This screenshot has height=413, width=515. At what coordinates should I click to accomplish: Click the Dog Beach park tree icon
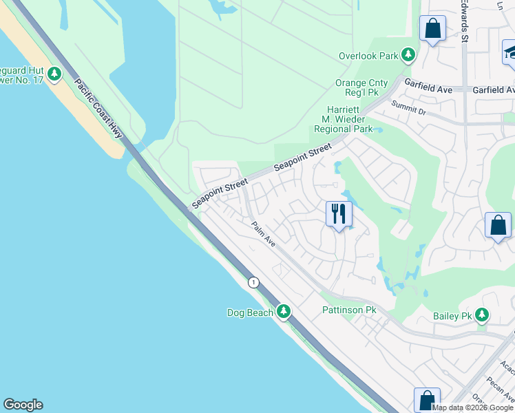283,312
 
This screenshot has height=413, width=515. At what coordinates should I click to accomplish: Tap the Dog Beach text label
251,313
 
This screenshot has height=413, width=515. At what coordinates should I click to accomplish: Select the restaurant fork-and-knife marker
338,214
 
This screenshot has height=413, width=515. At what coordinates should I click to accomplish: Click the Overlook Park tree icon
408,54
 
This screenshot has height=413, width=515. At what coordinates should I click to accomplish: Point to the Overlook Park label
369,55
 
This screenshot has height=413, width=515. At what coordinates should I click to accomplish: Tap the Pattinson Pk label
349,310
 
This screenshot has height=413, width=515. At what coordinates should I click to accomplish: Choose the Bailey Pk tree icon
482,315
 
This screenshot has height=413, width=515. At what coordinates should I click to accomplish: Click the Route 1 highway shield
254,282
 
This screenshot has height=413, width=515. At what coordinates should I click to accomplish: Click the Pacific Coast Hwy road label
98,109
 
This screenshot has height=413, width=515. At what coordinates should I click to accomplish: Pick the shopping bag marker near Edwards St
432,30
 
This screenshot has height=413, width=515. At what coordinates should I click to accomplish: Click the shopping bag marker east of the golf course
498,226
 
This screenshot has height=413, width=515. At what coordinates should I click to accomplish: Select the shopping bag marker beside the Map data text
427,400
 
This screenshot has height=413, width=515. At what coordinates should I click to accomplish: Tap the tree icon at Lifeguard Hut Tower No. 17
54,74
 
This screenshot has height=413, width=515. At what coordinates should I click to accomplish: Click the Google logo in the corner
23,405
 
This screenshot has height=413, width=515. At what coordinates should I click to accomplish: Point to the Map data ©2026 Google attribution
473,407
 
